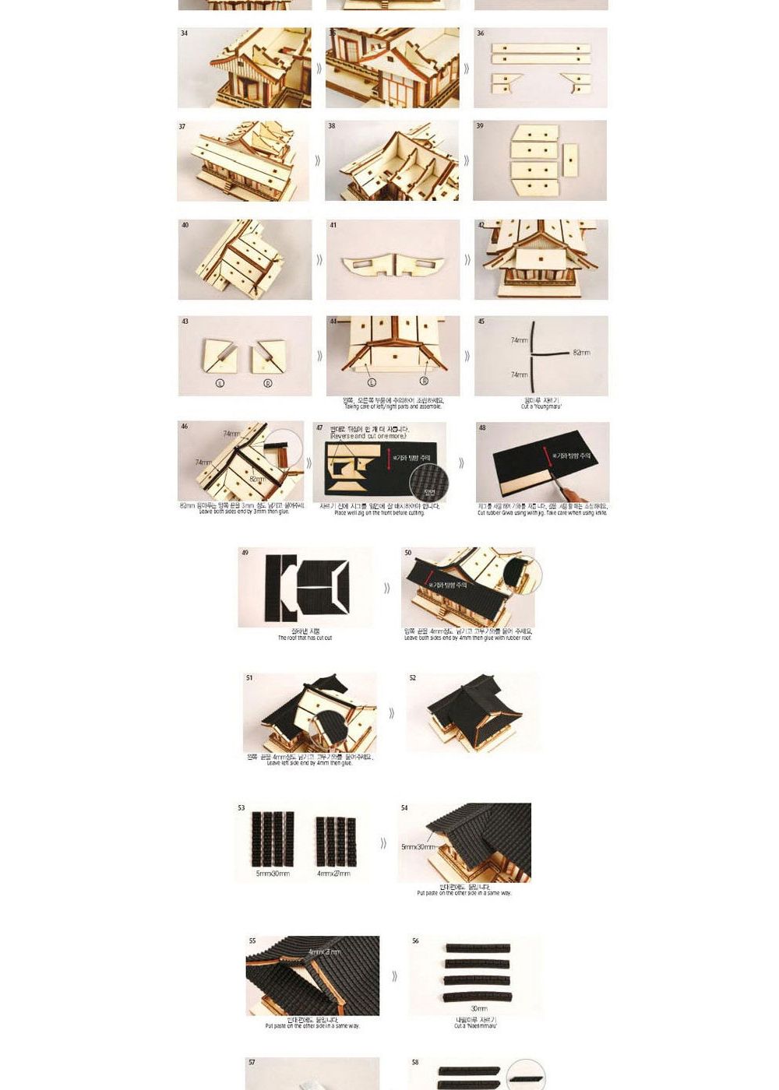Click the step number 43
(185, 321)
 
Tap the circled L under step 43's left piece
(219, 384)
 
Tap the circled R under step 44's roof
(424, 381)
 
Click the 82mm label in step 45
(581, 353)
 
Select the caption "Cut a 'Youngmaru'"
(541, 406)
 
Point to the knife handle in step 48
(577, 495)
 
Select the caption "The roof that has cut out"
(305, 638)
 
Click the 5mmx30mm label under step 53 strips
(273, 874)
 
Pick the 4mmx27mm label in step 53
(333, 874)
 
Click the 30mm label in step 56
(478, 1008)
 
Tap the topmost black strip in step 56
(477, 948)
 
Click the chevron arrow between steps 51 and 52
(391, 713)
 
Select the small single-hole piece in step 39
(570, 160)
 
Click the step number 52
(413, 678)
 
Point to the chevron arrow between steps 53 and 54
(383, 843)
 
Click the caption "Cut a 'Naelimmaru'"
(475, 1026)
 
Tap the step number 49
(245, 553)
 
